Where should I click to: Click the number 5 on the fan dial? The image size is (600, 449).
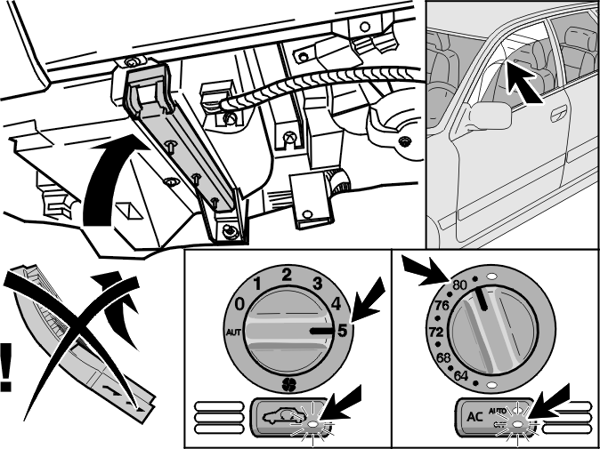click(342, 331)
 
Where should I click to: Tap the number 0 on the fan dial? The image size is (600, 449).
click(239, 305)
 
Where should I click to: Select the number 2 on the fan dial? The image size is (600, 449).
click(287, 275)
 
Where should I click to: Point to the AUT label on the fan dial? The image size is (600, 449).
click(233, 333)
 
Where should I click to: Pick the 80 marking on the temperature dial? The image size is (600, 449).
click(459, 285)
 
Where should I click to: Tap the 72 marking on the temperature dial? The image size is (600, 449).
click(436, 332)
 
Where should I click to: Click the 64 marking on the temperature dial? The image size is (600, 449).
click(461, 376)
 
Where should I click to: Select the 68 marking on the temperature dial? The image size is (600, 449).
click(443, 358)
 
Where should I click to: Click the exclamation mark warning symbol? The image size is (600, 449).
click(6, 367)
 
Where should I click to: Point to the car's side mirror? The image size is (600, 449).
click(491, 116)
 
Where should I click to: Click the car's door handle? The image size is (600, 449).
click(559, 114)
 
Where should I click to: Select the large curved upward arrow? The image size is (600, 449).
click(111, 180)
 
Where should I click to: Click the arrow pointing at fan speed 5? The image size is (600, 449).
click(369, 300)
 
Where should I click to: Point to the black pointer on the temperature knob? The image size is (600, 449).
click(482, 298)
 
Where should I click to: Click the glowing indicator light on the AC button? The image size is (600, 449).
click(518, 424)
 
